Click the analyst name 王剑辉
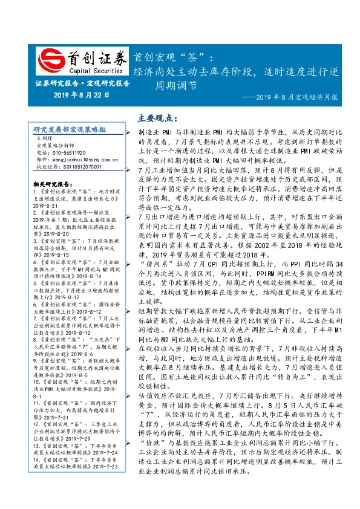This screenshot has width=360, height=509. point(45,138)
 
